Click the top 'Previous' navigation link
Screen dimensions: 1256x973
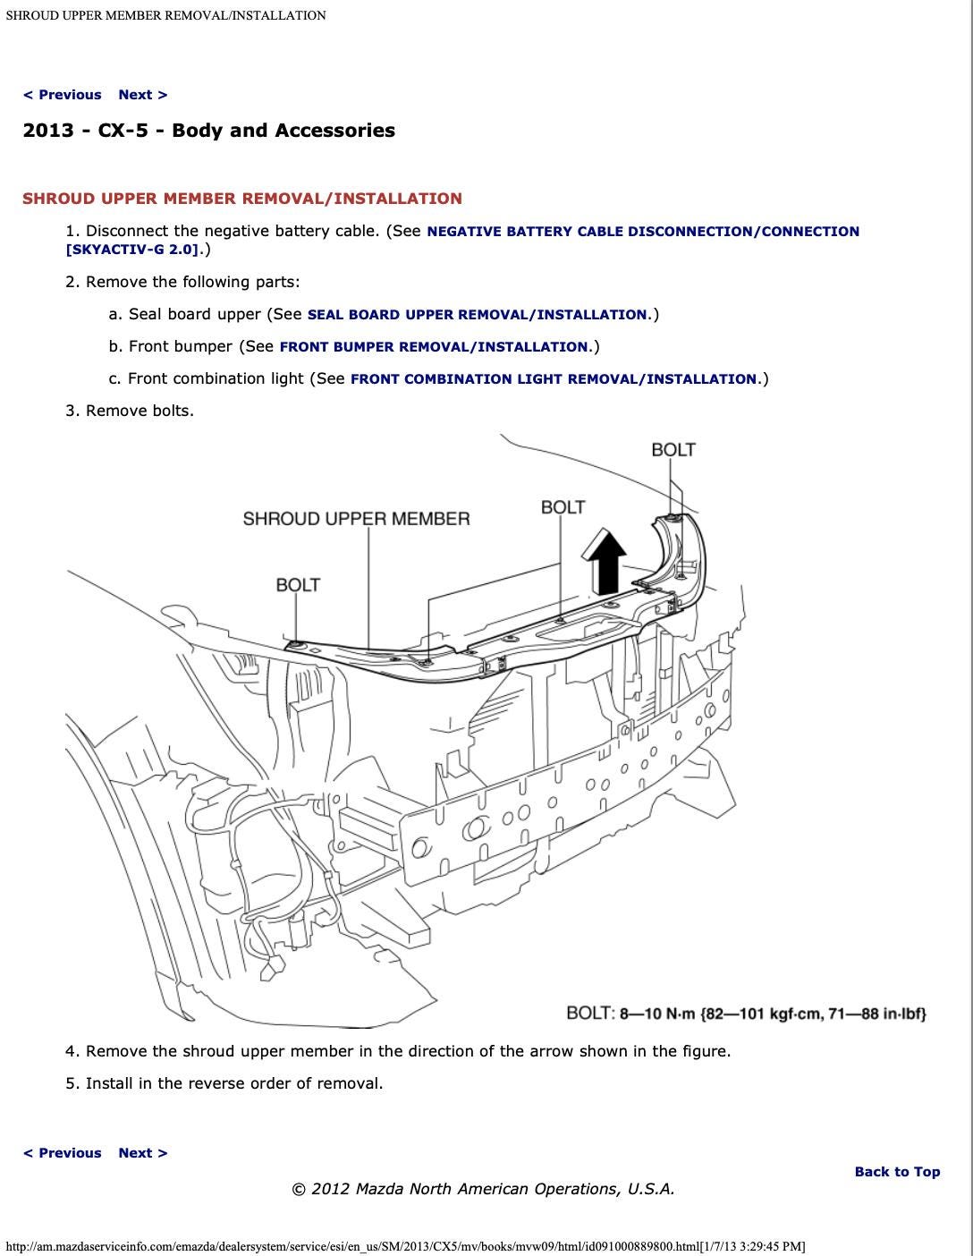pyautogui.click(x=62, y=95)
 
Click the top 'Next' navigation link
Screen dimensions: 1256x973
pyautogui.click(x=142, y=95)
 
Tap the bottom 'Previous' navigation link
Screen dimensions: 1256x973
pyautogui.click(x=62, y=1153)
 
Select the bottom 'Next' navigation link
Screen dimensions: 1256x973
pyautogui.click(x=142, y=1153)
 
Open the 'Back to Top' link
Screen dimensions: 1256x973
pyautogui.click(x=897, y=1172)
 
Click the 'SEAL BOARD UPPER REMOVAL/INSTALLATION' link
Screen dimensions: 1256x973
pyautogui.click(x=477, y=315)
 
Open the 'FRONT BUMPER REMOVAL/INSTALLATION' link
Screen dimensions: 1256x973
pyautogui.click(x=434, y=347)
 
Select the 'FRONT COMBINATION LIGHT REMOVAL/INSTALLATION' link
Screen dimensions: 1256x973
pyautogui.click(x=554, y=379)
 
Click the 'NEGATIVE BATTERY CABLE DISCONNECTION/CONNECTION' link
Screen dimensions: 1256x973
pyautogui.click(x=643, y=232)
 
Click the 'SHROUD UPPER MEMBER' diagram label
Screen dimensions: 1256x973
pyautogui.click(x=356, y=519)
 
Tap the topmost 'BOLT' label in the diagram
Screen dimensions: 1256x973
pyautogui.click(x=673, y=449)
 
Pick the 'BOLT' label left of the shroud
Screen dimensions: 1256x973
pyautogui.click(x=298, y=585)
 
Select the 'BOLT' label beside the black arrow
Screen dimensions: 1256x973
pyautogui.click(x=563, y=507)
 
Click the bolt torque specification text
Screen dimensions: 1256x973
pyautogui.click(x=746, y=1014)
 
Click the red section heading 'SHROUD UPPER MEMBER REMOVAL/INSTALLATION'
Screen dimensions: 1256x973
pyautogui.click(x=242, y=199)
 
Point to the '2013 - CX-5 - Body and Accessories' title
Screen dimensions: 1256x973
pyautogui.click(x=208, y=131)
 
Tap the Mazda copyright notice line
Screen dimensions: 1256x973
pyautogui.click(x=483, y=1189)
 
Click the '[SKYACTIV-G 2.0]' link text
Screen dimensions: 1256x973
pyautogui.click(x=132, y=250)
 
